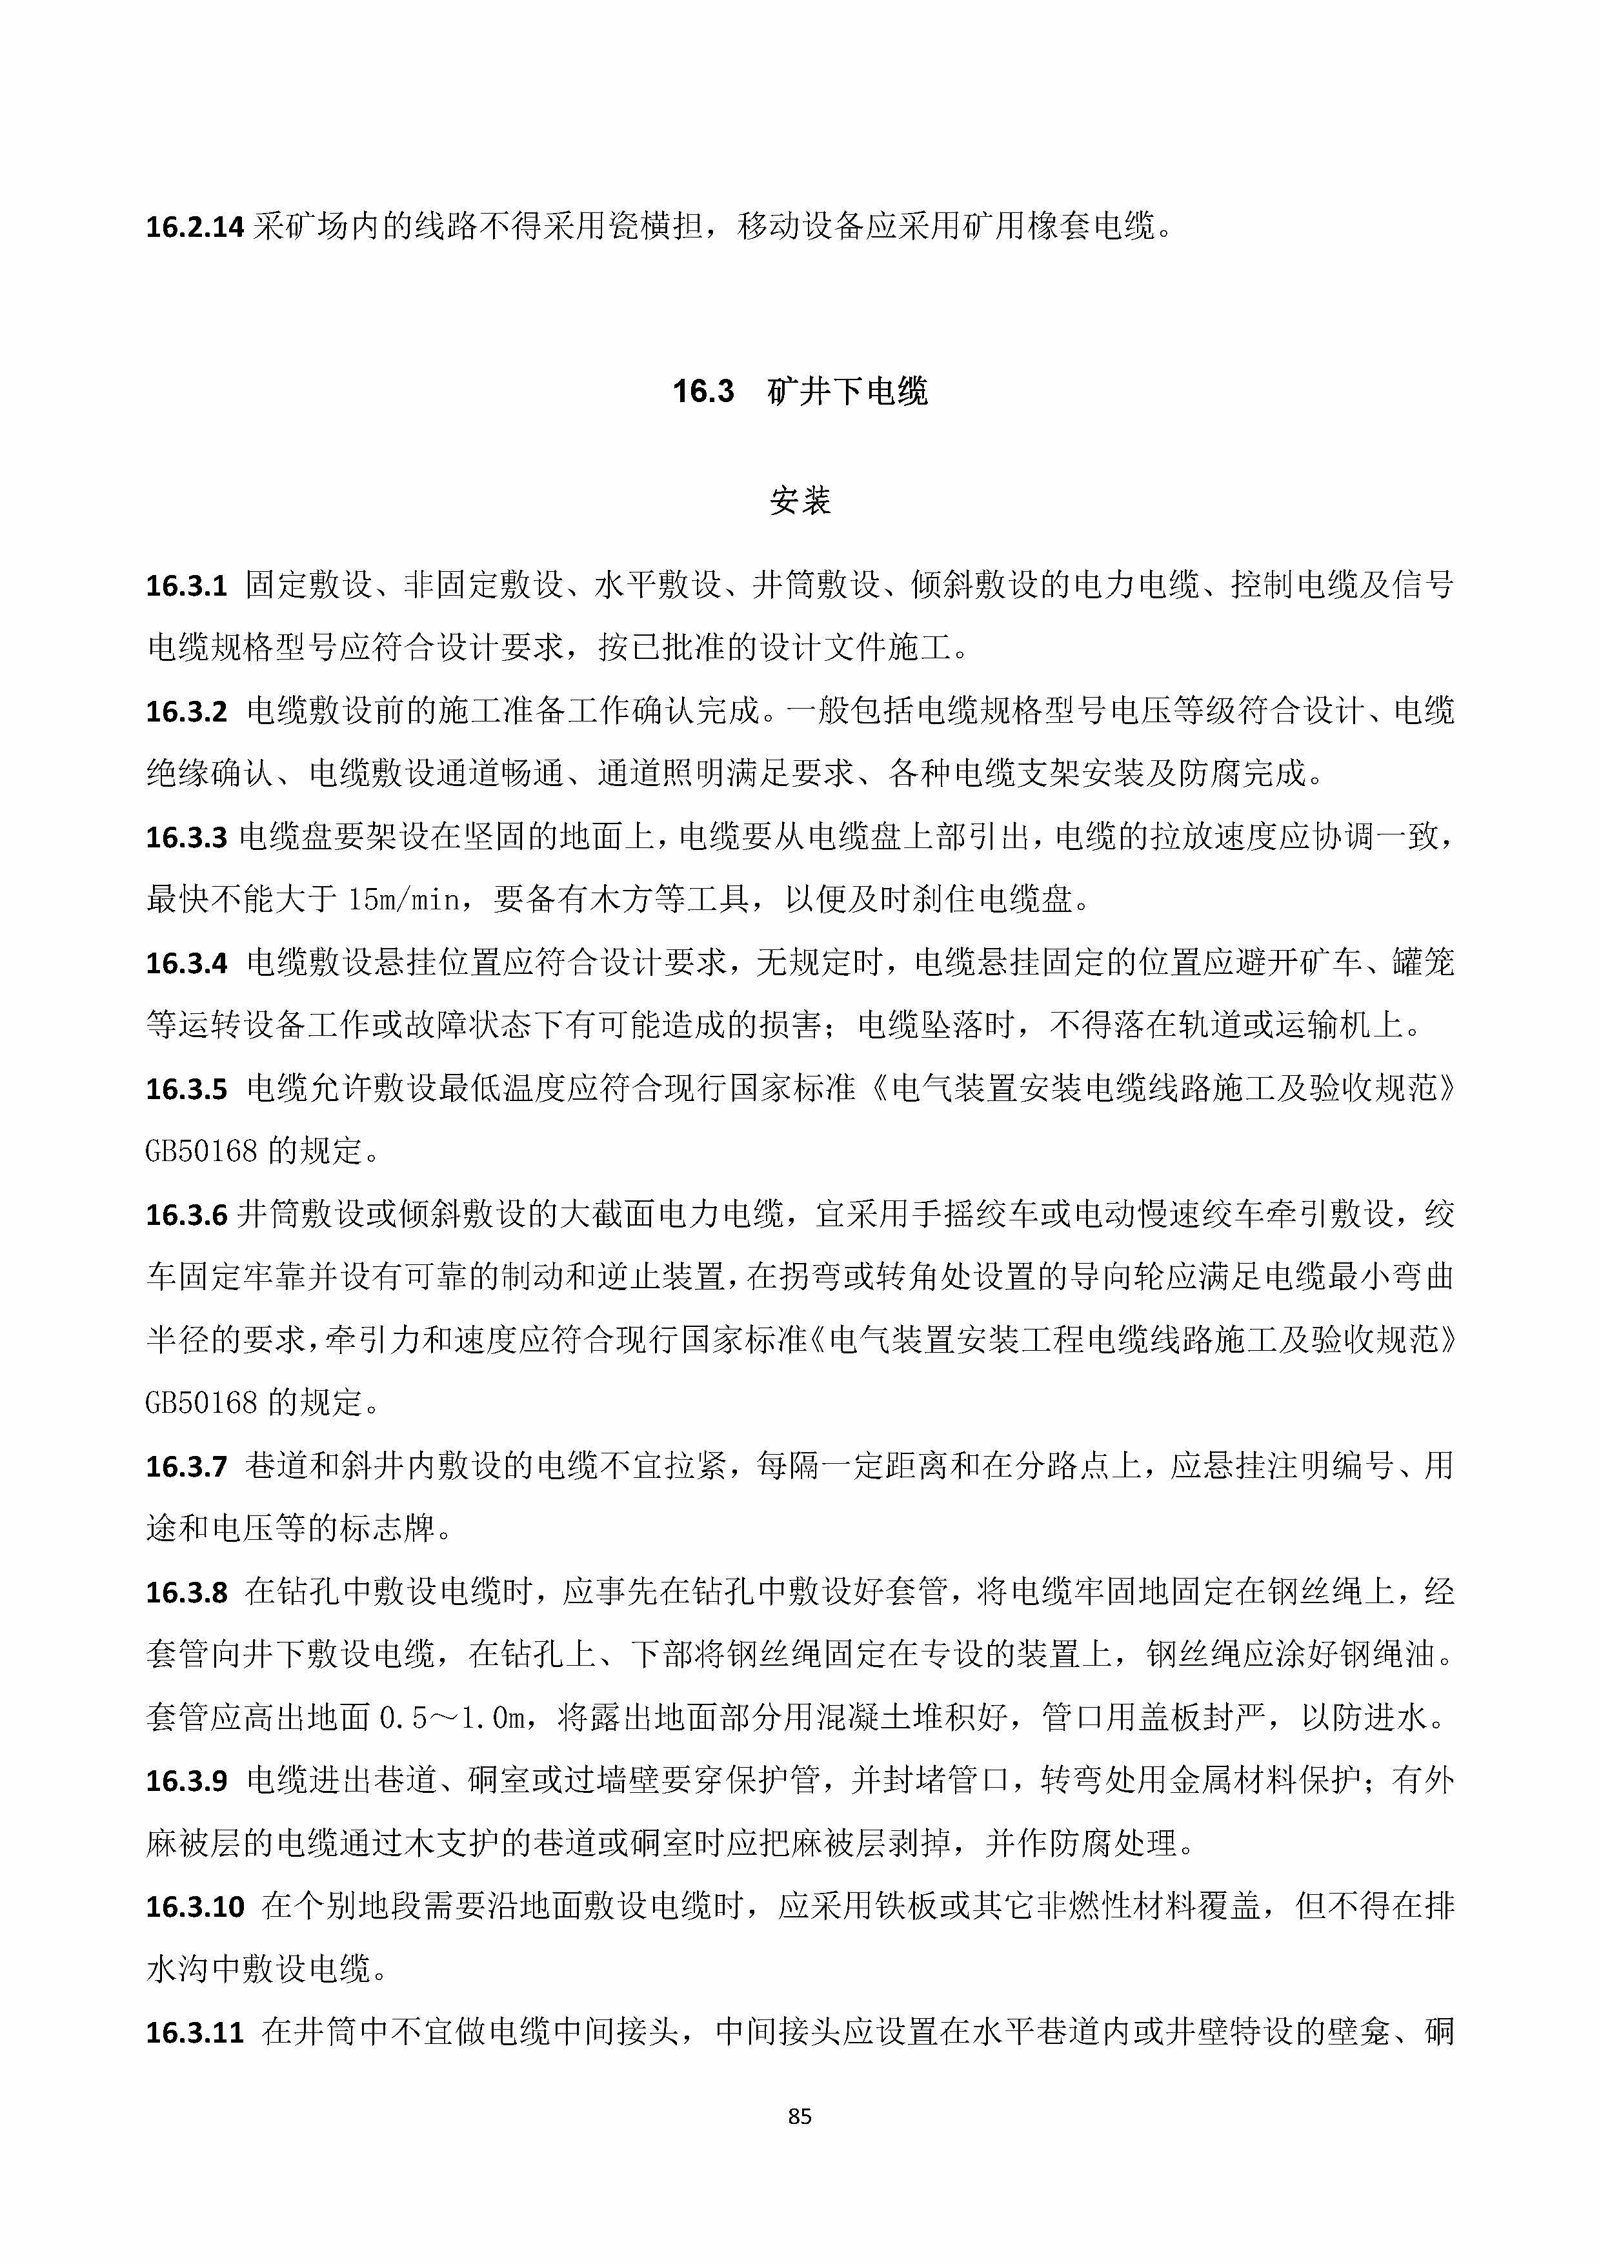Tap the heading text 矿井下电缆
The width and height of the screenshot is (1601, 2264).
pyautogui.click(x=848, y=392)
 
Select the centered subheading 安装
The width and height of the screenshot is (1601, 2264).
pyautogui.click(x=800, y=501)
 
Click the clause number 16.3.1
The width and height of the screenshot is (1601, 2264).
pyautogui.click(x=186, y=586)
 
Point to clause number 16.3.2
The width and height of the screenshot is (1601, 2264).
pyautogui.click(x=186, y=711)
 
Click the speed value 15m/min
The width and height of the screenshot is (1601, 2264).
pyautogui.click(x=403, y=899)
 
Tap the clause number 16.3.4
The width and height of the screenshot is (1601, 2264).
pyautogui.click(x=186, y=962)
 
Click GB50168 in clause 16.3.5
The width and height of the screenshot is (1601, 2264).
pyautogui.click(x=201, y=1151)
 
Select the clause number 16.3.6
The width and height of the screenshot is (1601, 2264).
pyautogui.click(x=186, y=1215)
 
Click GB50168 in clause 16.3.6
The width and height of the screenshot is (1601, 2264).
pyautogui.click(x=201, y=1402)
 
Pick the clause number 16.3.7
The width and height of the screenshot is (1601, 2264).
pyautogui.click(x=186, y=1466)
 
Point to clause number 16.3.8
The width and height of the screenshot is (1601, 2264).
pyautogui.click(x=186, y=1592)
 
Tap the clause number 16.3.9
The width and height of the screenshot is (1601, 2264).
pyautogui.click(x=186, y=1781)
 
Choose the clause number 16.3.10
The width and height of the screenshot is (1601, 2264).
pyautogui.click(x=194, y=1906)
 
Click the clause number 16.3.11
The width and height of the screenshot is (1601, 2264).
pyautogui.click(x=194, y=2032)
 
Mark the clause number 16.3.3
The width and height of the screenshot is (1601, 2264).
pyautogui.click(x=186, y=837)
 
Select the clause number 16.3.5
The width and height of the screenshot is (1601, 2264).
pyautogui.click(x=186, y=1089)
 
